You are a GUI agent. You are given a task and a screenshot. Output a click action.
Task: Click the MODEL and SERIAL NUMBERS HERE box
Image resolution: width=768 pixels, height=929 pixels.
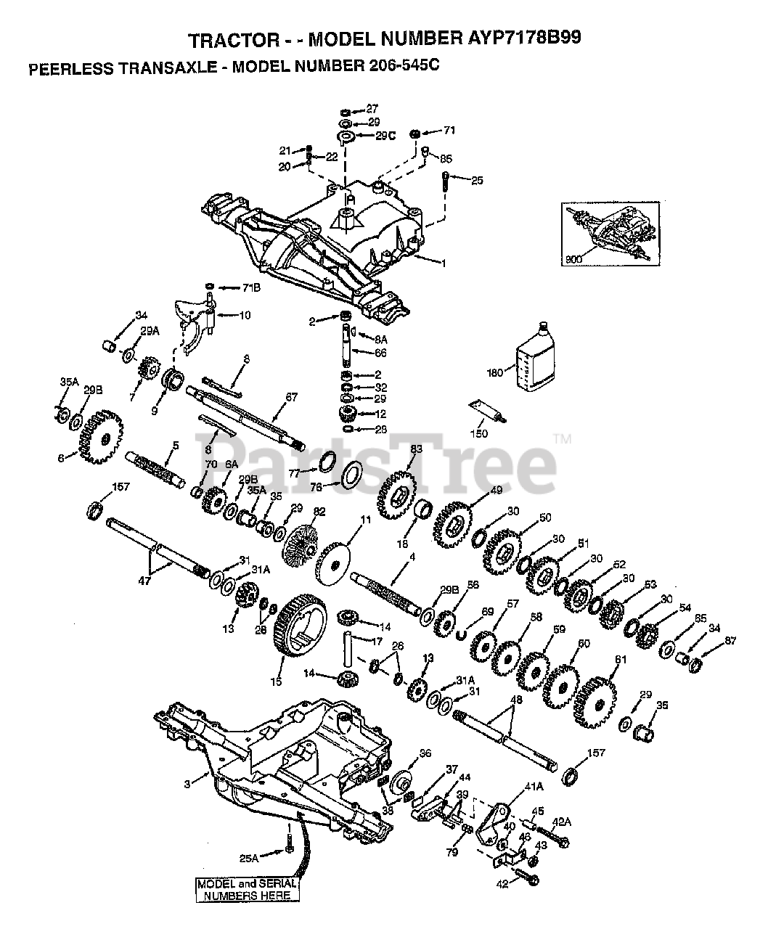(247, 889)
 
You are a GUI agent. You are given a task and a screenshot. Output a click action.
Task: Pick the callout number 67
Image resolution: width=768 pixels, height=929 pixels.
(292, 397)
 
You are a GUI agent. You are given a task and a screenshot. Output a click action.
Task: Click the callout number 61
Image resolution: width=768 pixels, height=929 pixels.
(619, 659)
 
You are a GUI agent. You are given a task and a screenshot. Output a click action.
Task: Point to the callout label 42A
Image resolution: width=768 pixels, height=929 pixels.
(561, 821)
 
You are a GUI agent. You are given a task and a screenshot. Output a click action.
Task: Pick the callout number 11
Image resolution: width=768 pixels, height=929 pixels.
(365, 520)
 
